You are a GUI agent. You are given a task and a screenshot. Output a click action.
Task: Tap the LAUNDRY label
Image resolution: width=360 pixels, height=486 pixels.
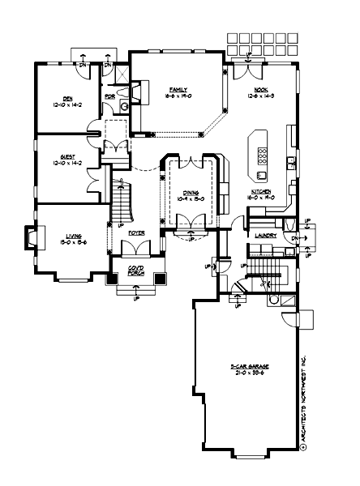[x=265, y=236]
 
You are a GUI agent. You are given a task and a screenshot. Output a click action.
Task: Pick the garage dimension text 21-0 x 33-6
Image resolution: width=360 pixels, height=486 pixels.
[x=249, y=374]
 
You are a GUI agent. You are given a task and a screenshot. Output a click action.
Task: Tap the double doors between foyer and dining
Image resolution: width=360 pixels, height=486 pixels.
[x=191, y=221]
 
